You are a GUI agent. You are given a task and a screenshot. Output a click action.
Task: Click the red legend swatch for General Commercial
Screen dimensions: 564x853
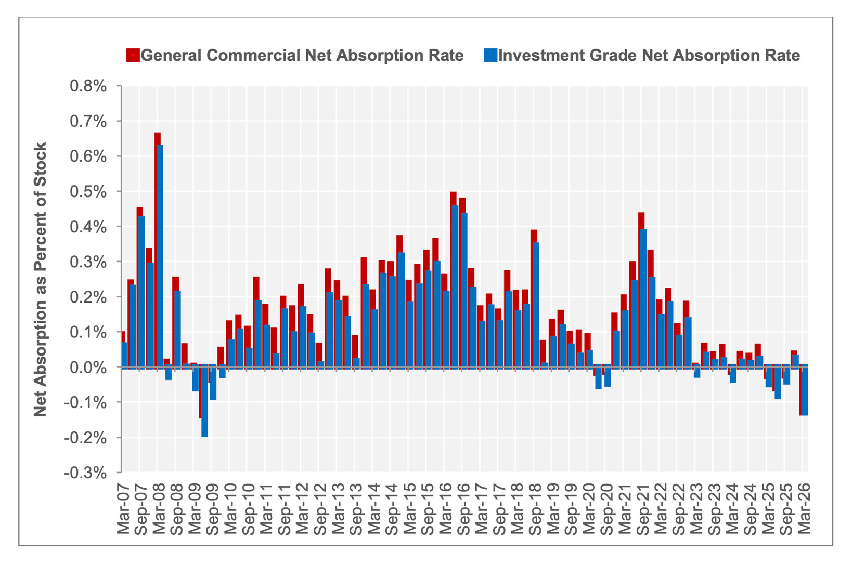tap(133, 55)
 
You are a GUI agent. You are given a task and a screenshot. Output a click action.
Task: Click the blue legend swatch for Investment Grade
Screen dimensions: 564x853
tap(490, 55)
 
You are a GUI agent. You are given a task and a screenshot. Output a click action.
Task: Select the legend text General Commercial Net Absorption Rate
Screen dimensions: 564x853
tap(302, 55)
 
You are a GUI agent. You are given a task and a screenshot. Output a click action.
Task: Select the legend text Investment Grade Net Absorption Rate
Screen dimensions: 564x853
tap(649, 55)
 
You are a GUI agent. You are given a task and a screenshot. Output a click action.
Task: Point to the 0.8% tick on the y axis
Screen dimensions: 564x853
tap(88, 86)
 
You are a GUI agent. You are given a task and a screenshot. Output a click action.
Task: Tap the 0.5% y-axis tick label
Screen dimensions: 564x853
tap(88, 191)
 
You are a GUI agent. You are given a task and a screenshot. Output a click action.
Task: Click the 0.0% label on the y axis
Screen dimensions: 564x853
tap(88, 367)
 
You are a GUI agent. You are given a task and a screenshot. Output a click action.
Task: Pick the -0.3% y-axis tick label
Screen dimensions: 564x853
tap(86, 473)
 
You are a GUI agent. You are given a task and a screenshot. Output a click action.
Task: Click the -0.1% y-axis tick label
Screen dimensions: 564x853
tap(86, 402)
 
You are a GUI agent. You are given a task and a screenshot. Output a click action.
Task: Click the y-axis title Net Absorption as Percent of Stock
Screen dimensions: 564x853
tap(40, 279)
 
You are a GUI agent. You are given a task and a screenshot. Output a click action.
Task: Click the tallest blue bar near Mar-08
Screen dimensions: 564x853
tap(160, 255)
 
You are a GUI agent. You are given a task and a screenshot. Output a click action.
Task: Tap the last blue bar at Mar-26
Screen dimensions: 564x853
tap(804, 391)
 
